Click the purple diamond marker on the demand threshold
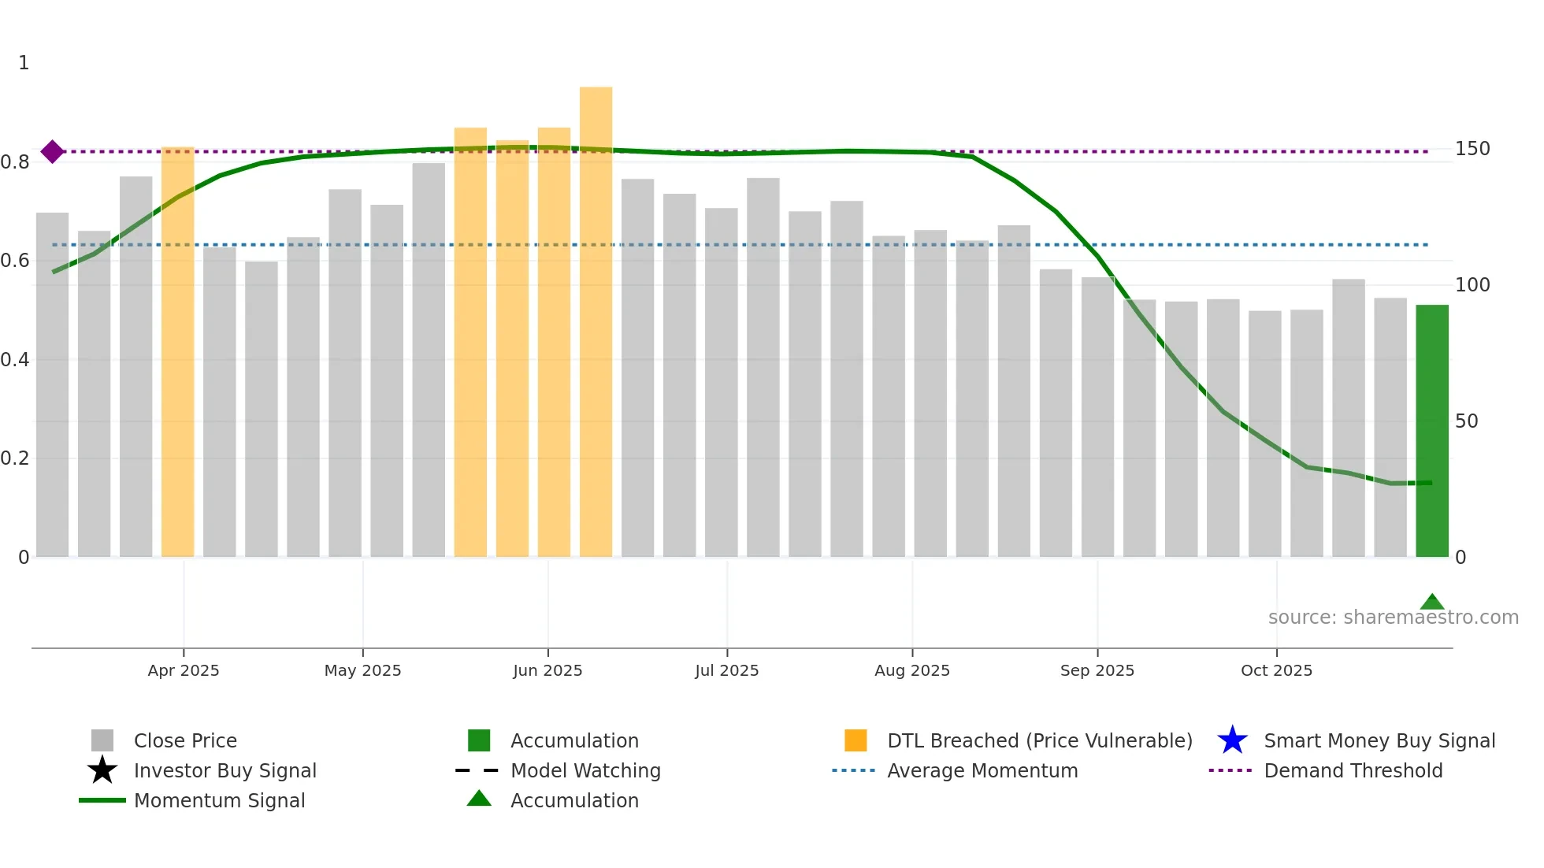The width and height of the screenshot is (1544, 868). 53,151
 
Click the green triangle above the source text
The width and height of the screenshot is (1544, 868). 1431,603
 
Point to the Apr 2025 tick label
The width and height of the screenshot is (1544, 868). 184,670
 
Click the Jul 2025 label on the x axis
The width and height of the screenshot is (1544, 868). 726,670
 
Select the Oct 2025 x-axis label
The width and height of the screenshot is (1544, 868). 1276,670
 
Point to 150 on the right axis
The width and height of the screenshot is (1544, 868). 1472,149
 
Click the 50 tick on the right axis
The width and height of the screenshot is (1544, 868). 1466,421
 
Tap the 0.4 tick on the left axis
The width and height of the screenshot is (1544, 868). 15,360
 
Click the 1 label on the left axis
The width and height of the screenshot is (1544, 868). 24,63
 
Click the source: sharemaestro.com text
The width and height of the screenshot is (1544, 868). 1393,618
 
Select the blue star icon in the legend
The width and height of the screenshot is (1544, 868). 1232,740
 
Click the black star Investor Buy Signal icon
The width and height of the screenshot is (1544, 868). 102,770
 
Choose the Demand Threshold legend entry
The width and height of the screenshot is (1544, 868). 1353,770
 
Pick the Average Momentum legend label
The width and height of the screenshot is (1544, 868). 982,770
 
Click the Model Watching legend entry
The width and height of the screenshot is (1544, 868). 585,770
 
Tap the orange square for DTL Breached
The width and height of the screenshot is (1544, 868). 856,740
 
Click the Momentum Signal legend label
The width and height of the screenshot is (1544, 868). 219,800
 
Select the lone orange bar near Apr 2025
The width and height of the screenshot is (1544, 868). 177,351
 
